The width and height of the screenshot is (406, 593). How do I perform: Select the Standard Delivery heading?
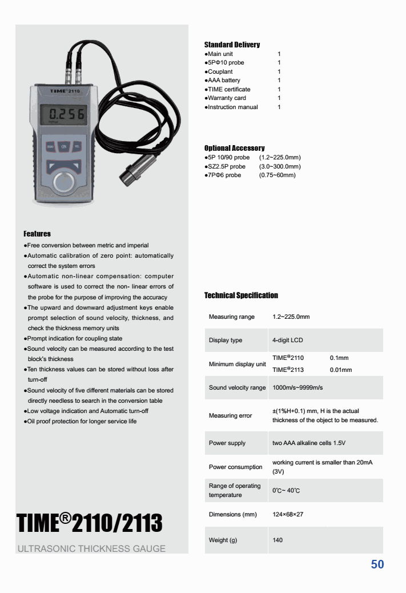(232, 45)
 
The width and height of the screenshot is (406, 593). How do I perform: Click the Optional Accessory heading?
(234, 148)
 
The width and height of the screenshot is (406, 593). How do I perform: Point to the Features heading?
(37, 234)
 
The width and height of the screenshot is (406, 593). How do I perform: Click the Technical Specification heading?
(241, 295)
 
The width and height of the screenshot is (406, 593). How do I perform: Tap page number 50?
(377, 564)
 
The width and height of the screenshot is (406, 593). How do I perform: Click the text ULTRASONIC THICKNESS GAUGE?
(92, 549)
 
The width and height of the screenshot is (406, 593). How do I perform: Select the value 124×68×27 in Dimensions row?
(288, 515)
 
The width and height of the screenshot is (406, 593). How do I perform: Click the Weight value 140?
(278, 540)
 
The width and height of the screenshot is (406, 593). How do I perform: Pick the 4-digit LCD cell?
(288, 340)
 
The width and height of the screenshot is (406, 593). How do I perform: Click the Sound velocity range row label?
(237, 388)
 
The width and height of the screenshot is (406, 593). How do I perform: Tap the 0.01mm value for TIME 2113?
(341, 370)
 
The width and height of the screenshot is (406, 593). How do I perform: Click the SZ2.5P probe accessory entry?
(226, 166)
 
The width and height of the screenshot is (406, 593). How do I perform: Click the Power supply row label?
(227, 443)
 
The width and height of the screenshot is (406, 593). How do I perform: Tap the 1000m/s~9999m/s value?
(298, 388)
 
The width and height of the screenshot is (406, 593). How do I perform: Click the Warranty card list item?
(226, 98)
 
